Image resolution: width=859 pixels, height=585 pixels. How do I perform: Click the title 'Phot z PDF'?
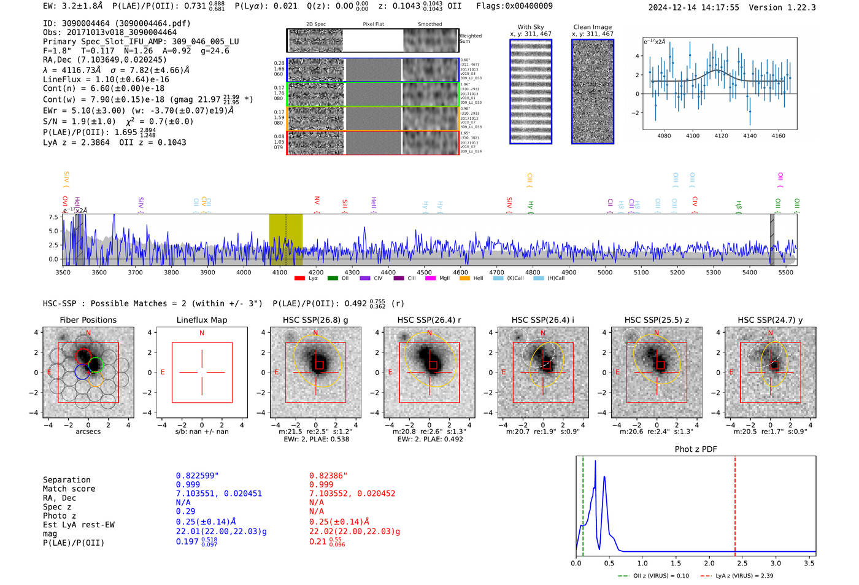[696, 449]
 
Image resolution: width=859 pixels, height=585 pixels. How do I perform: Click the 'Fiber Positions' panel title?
[88, 320]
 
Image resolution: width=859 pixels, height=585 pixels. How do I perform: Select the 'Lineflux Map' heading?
[202, 320]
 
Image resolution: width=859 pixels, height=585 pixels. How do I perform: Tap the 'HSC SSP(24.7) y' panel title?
[770, 320]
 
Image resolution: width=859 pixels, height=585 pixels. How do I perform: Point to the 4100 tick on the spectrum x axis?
[280, 272]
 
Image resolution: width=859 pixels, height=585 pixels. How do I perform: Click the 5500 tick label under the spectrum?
[785, 272]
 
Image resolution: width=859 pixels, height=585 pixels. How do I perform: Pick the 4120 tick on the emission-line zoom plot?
[721, 136]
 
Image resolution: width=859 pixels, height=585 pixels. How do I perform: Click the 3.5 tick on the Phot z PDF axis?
[809, 563]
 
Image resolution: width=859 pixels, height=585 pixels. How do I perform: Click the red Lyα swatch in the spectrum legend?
[299, 279]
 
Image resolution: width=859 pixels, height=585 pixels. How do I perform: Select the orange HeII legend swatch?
[464, 279]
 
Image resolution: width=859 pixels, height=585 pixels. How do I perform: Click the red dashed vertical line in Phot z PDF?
[735, 503]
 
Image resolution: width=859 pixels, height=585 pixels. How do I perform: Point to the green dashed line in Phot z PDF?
[583, 503]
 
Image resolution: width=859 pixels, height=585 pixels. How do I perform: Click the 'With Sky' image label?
[530, 27]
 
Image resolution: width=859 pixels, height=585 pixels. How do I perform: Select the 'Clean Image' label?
[592, 27]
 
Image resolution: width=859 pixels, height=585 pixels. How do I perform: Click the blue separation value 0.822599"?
[197, 476]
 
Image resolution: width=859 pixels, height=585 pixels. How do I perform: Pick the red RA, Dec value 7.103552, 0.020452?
[352, 494]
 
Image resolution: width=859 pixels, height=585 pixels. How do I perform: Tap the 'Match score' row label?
[69, 489]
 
